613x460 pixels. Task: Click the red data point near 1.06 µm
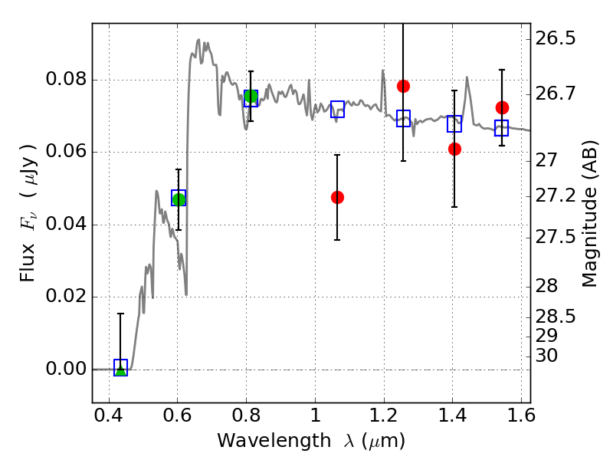click(x=337, y=198)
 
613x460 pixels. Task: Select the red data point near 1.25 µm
click(x=404, y=87)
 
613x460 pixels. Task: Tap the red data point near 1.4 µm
click(x=454, y=149)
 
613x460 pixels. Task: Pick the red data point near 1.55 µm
click(x=502, y=107)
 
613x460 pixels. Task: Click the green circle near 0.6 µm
click(x=179, y=199)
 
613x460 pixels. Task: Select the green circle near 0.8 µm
click(x=251, y=97)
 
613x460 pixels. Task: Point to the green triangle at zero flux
click(x=121, y=370)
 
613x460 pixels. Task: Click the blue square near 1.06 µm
click(x=337, y=109)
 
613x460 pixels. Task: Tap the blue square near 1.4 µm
click(x=454, y=124)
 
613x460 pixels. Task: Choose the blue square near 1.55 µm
click(x=502, y=128)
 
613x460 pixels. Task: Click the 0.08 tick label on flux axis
click(x=66, y=80)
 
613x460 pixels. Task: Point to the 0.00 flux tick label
click(x=66, y=369)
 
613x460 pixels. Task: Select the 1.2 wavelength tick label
click(x=384, y=416)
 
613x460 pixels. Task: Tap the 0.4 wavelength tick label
click(x=108, y=416)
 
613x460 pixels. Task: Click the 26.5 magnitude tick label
click(x=555, y=39)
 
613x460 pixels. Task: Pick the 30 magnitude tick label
click(x=546, y=356)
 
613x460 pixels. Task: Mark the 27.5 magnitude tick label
click(x=555, y=238)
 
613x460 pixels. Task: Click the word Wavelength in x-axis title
click(x=274, y=441)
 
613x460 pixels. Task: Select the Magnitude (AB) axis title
click(x=590, y=214)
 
